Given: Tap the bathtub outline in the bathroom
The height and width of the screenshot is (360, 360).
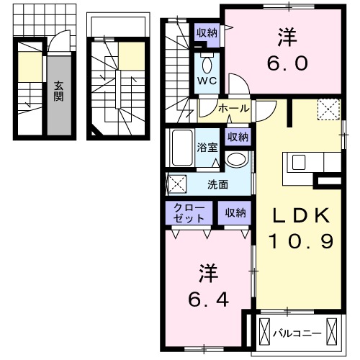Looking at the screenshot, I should click(182, 149).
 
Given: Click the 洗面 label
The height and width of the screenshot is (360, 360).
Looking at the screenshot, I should click(218, 184).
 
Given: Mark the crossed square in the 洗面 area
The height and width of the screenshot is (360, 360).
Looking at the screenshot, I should click(176, 184).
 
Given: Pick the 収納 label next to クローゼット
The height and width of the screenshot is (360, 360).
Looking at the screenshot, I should click(234, 212).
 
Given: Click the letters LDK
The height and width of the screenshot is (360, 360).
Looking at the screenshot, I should click(301, 216).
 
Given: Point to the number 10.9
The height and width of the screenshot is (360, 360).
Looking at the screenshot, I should click(301, 242).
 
